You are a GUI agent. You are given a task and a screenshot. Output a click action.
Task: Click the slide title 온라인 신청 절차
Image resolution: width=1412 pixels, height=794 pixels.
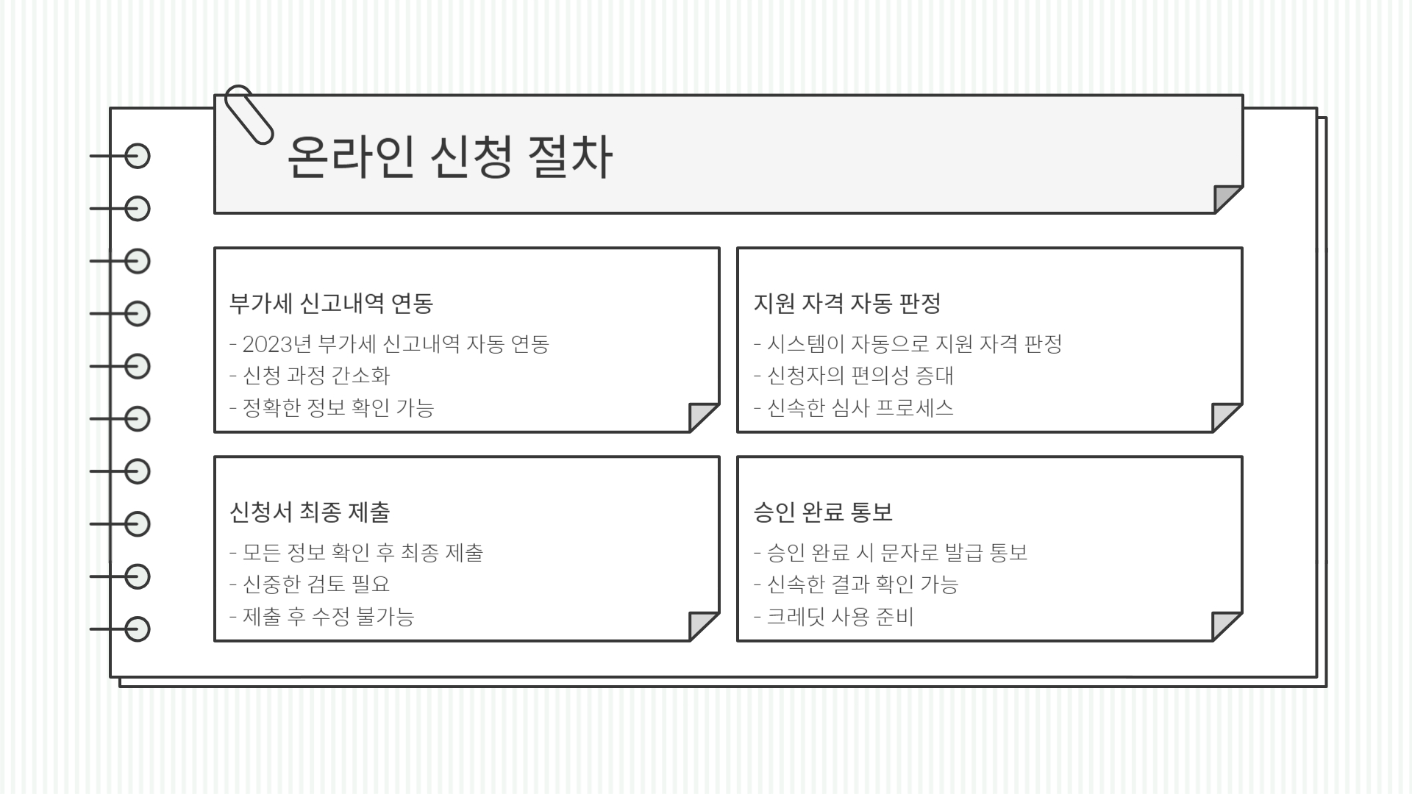click(449, 157)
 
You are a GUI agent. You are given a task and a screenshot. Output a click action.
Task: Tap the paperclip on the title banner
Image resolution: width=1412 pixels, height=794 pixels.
click(248, 114)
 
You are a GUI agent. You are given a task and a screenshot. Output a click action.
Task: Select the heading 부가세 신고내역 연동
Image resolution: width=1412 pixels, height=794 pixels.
click(331, 303)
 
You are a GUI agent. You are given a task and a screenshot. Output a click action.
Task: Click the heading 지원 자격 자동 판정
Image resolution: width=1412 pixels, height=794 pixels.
click(846, 303)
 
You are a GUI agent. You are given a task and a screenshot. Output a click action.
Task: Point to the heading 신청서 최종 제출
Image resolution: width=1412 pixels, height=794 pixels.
click(310, 512)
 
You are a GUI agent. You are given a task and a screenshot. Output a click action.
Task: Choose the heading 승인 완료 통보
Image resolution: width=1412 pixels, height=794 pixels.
click(823, 512)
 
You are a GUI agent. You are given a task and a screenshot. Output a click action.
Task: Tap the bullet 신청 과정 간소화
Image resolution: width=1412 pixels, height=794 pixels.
click(315, 376)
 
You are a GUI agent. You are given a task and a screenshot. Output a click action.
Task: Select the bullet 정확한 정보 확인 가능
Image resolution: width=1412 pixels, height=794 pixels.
click(338, 407)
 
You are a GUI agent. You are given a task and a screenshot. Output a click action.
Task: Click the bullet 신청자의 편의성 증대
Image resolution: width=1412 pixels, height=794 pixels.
click(860, 376)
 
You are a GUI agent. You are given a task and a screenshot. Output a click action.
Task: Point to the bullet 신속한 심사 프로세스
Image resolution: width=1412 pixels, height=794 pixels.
click(860, 407)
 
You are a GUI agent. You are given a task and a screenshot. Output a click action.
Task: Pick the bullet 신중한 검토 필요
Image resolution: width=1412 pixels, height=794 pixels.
click(315, 584)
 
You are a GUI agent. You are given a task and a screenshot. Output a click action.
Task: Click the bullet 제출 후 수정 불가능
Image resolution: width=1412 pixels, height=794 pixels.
click(328, 616)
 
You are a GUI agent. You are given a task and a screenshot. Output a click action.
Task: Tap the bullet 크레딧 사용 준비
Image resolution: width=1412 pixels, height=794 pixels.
click(840, 616)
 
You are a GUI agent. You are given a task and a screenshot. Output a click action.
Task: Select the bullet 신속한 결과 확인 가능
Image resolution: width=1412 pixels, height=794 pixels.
click(862, 584)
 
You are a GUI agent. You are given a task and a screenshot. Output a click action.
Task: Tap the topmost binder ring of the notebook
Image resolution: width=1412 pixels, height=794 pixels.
click(137, 157)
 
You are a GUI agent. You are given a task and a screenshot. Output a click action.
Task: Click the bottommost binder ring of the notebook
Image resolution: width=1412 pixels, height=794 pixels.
click(137, 629)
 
